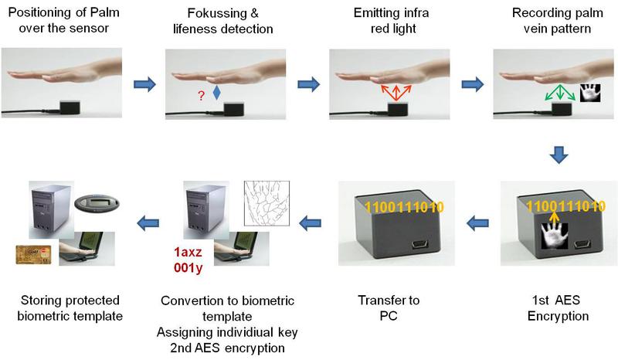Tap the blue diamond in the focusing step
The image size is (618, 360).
tap(217, 93)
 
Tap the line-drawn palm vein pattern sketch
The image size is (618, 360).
tap(266, 203)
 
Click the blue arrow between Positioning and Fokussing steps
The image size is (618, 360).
tap(144, 83)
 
